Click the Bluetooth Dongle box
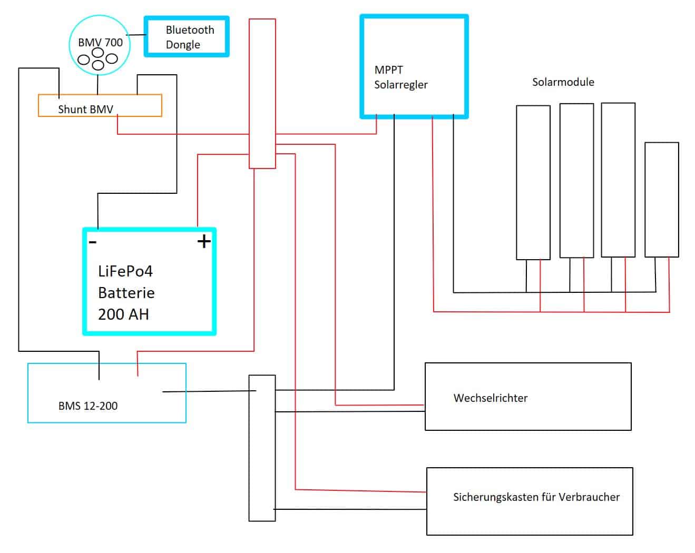coord(187,36)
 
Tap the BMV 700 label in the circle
coord(100,42)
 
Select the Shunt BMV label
coord(85,109)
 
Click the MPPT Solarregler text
coord(400,77)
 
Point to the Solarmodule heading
coord(563,82)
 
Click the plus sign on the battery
coord(204,241)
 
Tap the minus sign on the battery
coord(93,242)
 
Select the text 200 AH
coord(123,314)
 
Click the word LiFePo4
coord(125,271)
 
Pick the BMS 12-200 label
coord(88,406)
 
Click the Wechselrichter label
coord(490,398)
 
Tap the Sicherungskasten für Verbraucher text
coord(536,497)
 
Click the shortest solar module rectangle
coord(661,200)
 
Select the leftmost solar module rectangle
coord(533,182)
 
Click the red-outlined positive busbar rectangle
coord(262,93)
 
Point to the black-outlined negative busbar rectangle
coord(262,448)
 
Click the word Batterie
coord(126,293)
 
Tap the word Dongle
coord(183,45)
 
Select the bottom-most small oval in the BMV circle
coord(98,65)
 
